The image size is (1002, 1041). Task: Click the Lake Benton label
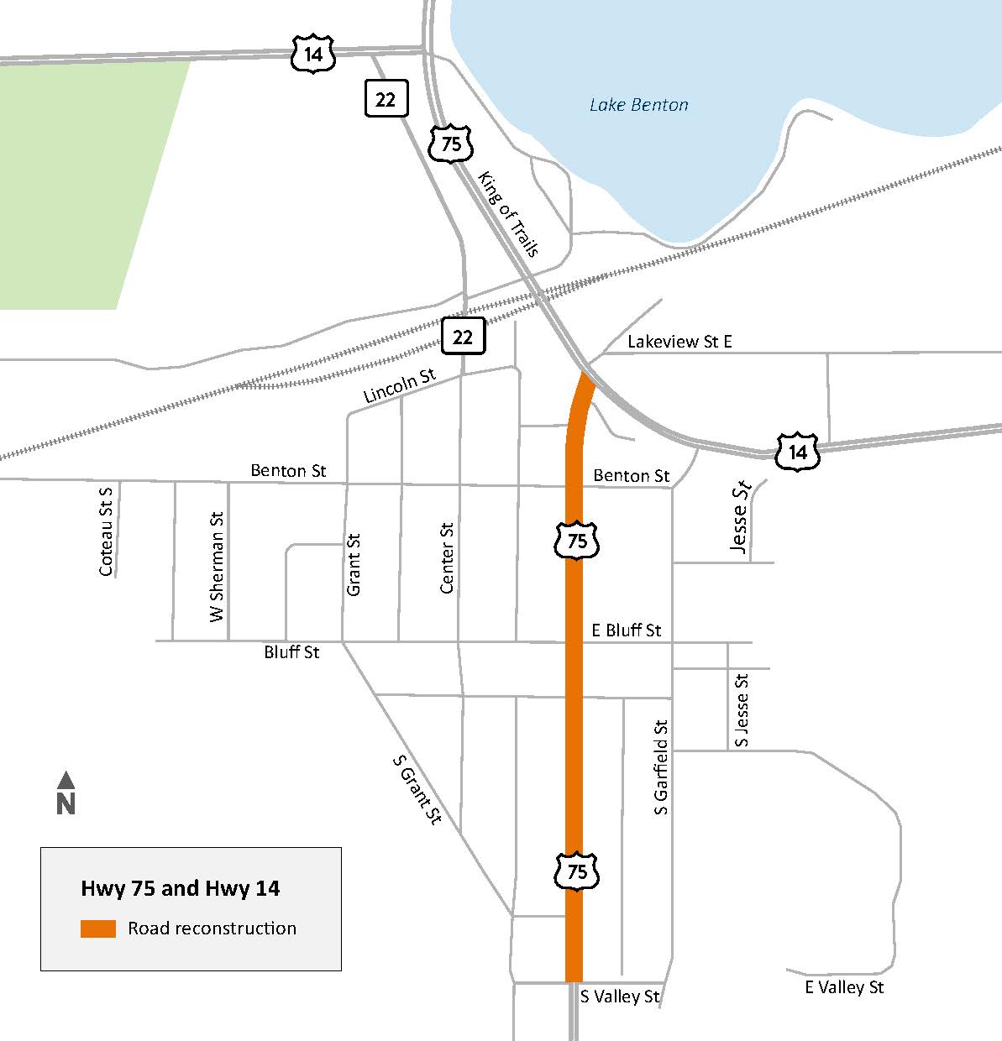[638, 105]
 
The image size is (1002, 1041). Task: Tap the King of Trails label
[508, 213]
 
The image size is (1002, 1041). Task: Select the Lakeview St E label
[679, 342]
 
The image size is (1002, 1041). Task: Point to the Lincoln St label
[400, 386]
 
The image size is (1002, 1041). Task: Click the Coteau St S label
[106, 532]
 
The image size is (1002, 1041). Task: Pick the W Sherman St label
[218, 567]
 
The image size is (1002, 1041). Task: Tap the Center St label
[447, 558]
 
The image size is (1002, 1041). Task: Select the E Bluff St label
[626, 630]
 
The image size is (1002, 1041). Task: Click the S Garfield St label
[661, 767]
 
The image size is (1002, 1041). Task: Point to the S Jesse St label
[741, 709]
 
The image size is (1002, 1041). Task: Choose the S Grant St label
[417, 789]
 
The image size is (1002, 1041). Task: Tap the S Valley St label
[620, 997]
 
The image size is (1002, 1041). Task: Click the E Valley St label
[844, 987]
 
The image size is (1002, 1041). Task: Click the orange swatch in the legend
[98, 929]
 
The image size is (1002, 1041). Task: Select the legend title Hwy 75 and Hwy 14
[181, 888]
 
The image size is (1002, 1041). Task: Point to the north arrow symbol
[66, 793]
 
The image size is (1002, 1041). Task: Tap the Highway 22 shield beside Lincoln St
[463, 337]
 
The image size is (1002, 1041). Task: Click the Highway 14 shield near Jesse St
[797, 452]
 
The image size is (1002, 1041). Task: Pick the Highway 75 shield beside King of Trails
[451, 144]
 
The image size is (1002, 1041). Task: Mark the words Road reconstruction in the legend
[212, 929]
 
